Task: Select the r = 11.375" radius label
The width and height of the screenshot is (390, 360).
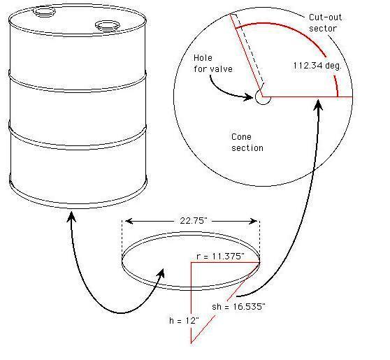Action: point(218,257)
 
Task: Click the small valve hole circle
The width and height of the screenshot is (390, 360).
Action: point(263,97)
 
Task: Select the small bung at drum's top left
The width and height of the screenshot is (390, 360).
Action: point(42,13)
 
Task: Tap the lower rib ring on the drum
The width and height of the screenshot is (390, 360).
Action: point(77,135)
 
